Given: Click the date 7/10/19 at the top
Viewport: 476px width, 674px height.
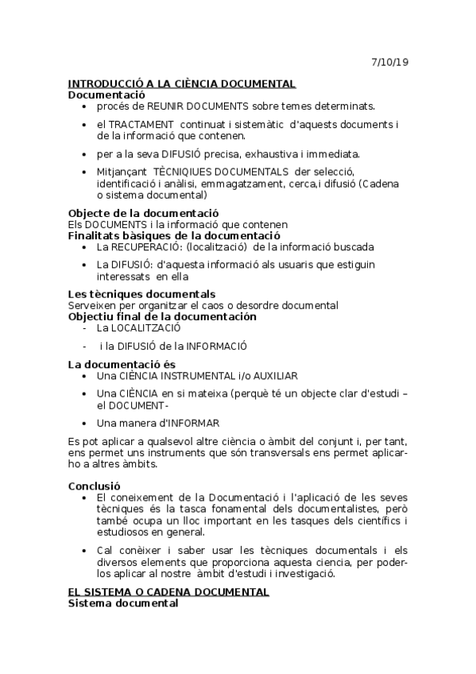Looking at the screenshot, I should [x=391, y=62].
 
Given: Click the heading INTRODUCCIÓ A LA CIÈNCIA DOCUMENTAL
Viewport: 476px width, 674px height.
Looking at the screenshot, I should [x=182, y=83].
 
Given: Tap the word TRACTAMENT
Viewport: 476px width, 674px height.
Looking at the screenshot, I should [x=141, y=125].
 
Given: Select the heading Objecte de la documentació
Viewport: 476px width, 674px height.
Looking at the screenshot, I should [x=143, y=213].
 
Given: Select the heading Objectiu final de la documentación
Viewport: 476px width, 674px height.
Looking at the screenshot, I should [x=162, y=316].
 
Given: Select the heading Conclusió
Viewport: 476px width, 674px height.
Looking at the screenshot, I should [x=94, y=486].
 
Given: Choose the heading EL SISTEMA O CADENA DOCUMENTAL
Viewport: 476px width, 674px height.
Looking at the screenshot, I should [x=168, y=593].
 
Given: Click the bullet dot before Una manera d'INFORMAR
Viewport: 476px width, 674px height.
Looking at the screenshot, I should [x=84, y=423].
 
